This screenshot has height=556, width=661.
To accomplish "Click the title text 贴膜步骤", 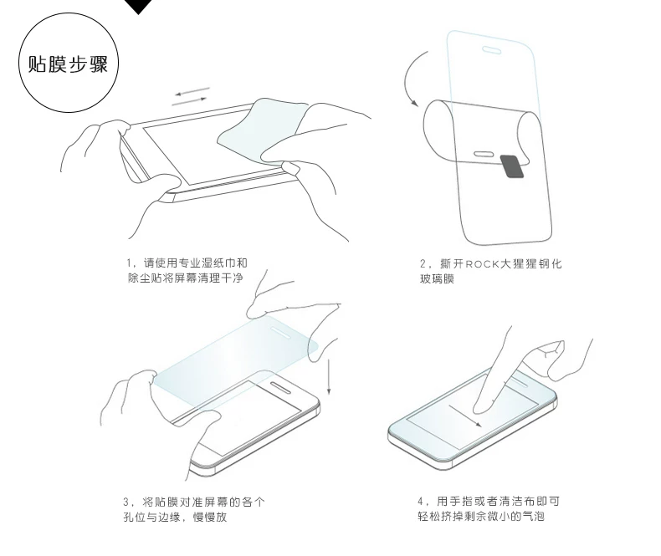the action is coord(68,64).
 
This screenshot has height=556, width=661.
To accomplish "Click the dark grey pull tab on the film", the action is coord(512,166).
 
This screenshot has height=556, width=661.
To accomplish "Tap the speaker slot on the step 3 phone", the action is coord(280,387).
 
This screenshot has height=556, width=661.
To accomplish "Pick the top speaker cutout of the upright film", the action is coord(491,50).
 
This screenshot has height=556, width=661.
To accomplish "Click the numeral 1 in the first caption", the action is coord(129,263).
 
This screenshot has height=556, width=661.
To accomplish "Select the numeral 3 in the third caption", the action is coord(126,502).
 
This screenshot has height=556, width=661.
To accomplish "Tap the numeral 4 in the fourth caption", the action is coord(421,502).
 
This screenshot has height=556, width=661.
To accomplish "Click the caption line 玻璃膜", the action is coord(437,279).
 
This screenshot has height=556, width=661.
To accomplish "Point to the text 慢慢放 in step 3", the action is coord(210,517).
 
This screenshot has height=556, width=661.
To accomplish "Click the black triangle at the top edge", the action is coord(138,6).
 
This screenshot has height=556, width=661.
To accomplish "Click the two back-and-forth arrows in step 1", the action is coord(191,96).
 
